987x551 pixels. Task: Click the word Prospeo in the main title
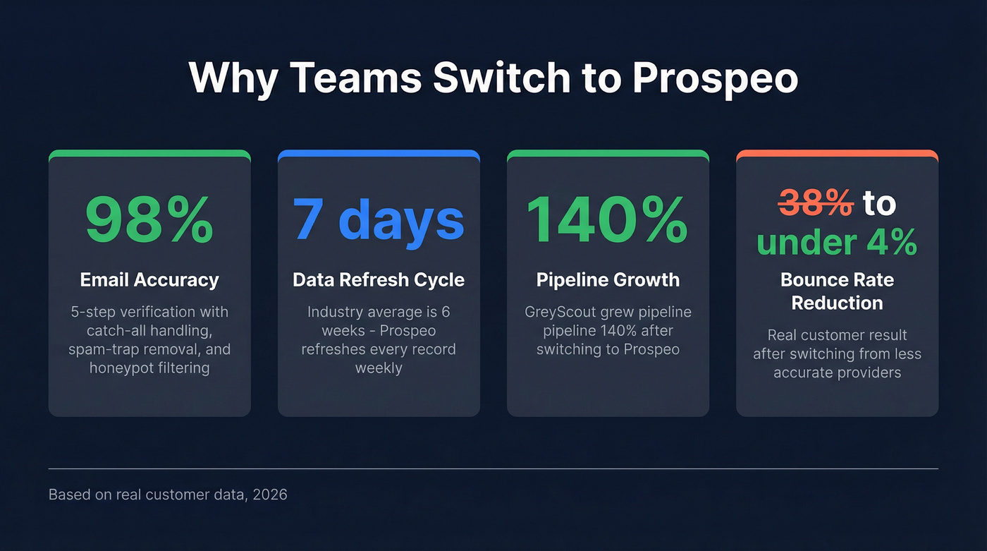pos(715,78)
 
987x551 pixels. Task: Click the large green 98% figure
pos(149,220)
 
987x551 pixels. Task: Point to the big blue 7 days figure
pos(379,220)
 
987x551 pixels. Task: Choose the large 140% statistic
pos(608,220)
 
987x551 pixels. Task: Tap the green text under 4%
pos(837,242)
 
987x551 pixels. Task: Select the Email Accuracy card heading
pos(149,280)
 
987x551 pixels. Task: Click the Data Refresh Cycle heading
pos(379,280)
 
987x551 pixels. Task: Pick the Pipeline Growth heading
pos(608,280)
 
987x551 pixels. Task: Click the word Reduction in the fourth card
pos(837,303)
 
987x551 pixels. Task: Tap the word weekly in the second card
pos(379,368)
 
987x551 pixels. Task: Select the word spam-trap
pos(100,349)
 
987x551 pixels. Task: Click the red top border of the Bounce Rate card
pos(837,153)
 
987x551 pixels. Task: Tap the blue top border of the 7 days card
pos(379,153)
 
